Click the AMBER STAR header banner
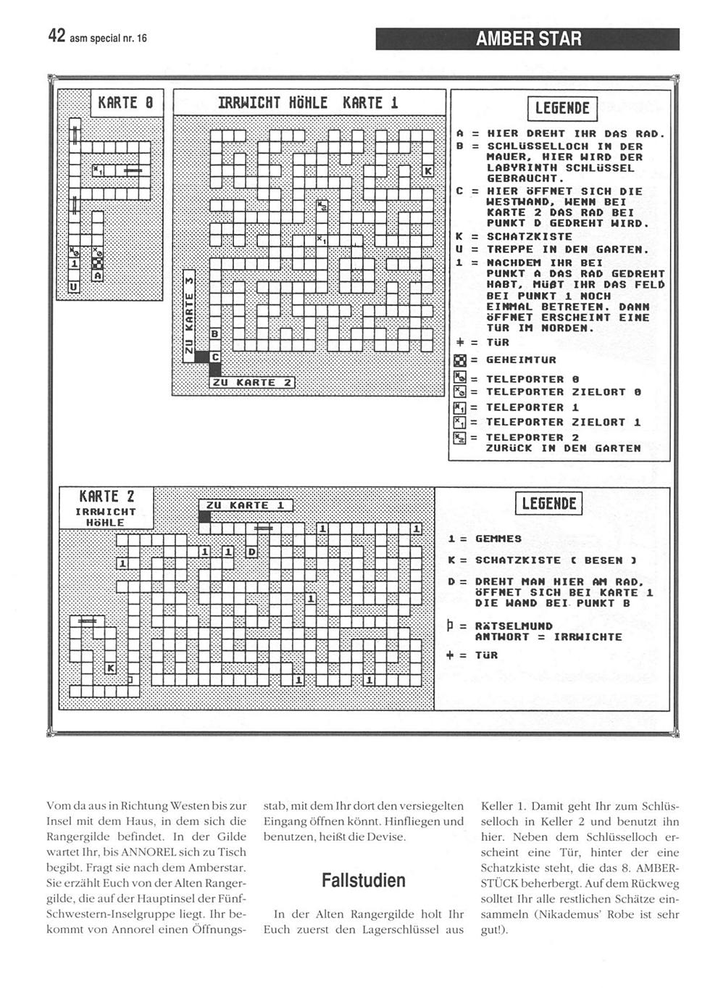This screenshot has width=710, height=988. (528, 39)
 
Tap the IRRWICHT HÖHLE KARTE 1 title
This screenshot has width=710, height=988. (309, 103)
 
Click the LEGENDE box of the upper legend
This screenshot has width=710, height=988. (562, 109)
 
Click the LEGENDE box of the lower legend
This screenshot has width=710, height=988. (548, 503)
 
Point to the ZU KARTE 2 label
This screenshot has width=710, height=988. (251, 383)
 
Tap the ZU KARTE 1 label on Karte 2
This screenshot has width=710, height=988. (245, 505)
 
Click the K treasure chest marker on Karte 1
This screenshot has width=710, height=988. (427, 171)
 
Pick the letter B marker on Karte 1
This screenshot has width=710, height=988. (214, 334)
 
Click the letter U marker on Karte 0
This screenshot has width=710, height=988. (73, 288)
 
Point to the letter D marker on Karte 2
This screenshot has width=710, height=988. (251, 552)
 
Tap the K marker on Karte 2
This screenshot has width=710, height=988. (110, 667)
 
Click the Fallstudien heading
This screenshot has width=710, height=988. (363, 881)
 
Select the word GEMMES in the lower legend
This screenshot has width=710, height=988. (498, 539)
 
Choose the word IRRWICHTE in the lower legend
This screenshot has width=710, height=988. (588, 637)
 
